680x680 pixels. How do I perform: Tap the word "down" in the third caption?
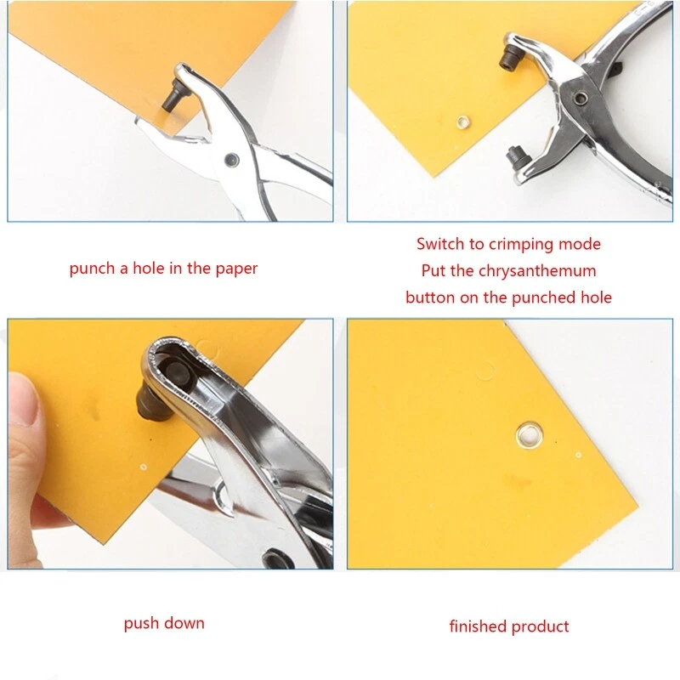coord(184,623)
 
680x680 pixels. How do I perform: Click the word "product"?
coord(540,627)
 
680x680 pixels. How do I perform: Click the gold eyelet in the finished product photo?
coord(529,434)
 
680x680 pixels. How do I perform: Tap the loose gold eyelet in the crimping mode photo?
coord(463,122)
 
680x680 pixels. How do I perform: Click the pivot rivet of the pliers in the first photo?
coord(231,159)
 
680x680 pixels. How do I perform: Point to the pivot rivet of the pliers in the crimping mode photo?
coord(581,99)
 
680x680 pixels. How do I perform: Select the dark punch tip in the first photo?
coord(173,96)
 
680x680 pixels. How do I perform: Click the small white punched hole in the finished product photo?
coord(578,455)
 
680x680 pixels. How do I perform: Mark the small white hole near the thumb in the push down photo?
coord(144,467)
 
